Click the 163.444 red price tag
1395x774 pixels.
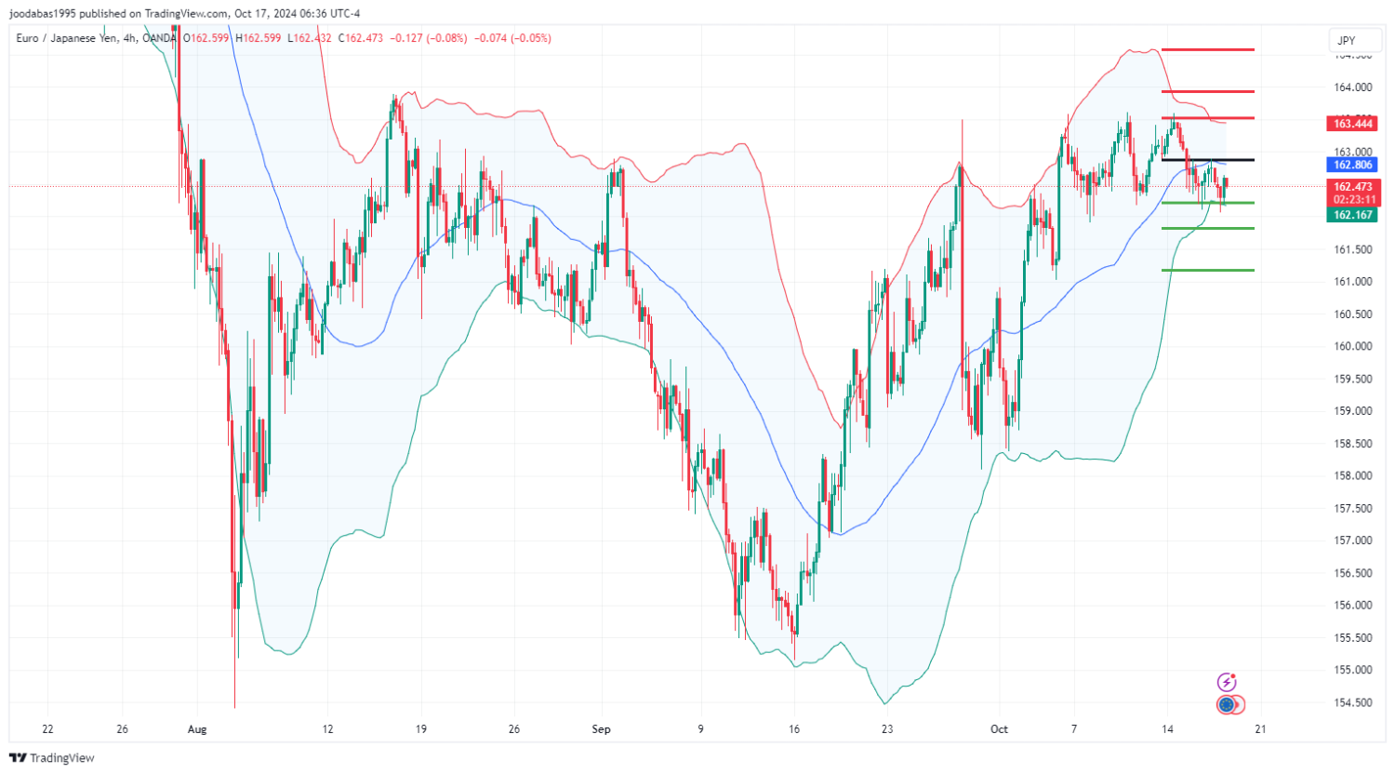(1352, 124)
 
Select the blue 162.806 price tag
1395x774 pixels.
(1352, 165)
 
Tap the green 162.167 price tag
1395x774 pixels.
(1352, 215)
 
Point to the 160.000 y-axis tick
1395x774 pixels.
(1353, 346)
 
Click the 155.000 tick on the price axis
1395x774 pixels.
(1353, 670)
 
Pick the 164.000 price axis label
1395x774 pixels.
(1353, 87)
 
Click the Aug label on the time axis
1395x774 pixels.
(197, 729)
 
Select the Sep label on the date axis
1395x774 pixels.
(602, 729)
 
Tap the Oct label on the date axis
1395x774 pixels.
(999, 729)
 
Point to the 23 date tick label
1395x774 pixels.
(887, 729)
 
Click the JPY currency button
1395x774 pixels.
(1347, 40)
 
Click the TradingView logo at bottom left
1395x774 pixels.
(52, 758)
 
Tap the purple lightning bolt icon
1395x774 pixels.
(1228, 683)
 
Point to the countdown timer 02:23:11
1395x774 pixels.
(1353, 200)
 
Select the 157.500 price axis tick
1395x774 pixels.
(1353, 508)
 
